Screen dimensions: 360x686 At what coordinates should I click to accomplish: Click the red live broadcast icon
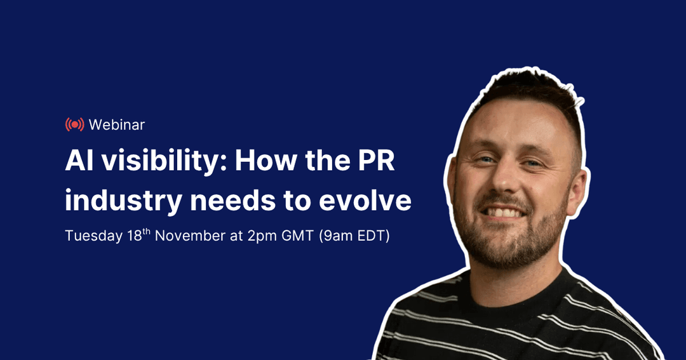pyautogui.click(x=74, y=124)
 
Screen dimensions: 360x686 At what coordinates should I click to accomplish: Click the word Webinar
pyautogui.click(x=117, y=124)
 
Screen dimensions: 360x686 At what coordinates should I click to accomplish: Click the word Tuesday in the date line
pyautogui.click(x=93, y=236)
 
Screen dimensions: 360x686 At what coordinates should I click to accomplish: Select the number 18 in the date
pyautogui.click(x=133, y=236)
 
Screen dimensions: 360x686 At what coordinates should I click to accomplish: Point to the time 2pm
pyautogui.click(x=260, y=236)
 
